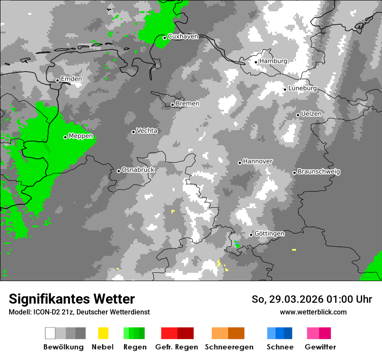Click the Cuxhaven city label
pos(183,36)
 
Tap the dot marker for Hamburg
pos(256,62)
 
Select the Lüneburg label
pos(303,88)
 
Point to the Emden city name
pos(71,79)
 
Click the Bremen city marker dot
pos(172,105)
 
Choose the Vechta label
pos(147,131)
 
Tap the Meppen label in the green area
pos(81,136)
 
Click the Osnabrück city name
pos(138,170)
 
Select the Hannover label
pos(257,161)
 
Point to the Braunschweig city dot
pos(294,173)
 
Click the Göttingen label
pos(269,233)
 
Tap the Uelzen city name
pos(311,114)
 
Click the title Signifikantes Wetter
pos(72,299)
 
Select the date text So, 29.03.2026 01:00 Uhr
pos(312,299)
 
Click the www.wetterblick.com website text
pos(313,312)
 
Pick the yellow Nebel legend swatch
pos(103,333)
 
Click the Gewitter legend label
pos(320,347)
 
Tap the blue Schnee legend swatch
pos(280,333)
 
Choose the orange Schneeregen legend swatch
pos(228,333)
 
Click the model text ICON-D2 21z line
pos(79,312)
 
